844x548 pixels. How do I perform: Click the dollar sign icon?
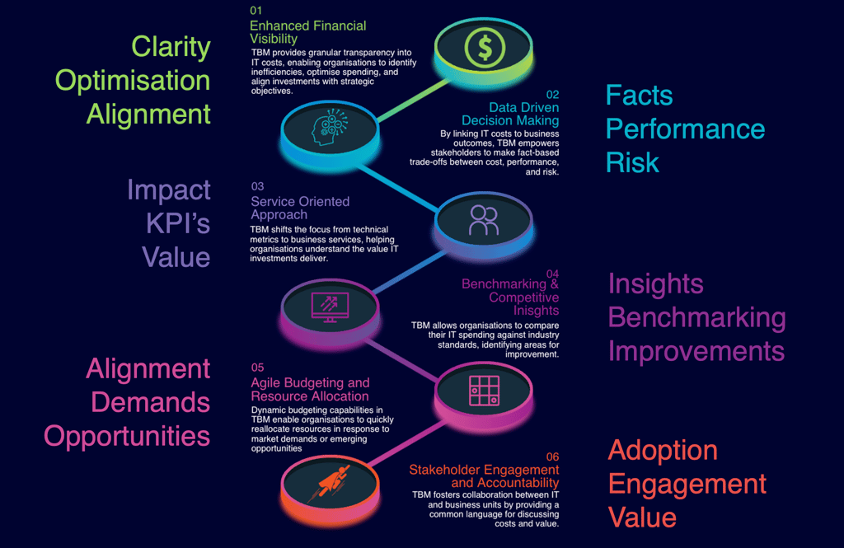tap(485, 47)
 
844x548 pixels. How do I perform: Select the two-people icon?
tap(484, 220)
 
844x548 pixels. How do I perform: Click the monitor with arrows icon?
tap(330, 307)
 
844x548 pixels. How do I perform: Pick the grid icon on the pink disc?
tap(485, 391)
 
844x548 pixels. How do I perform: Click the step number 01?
tap(256, 10)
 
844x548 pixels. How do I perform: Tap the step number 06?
tap(552, 457)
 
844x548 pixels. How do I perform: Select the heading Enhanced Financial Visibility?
tap(308, 32)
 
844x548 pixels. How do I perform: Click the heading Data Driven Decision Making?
tap(510, 114)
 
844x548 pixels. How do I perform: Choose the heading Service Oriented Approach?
tap(300, 208)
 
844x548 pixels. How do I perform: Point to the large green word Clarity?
tap(171, 47)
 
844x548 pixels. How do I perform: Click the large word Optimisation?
tap(133, 81)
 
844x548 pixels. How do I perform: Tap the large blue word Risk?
tap(632, 162)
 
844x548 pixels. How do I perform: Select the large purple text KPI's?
tap(178, 223)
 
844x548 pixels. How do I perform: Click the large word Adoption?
tap(663, 451)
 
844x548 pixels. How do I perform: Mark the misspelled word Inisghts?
tap(536, 311)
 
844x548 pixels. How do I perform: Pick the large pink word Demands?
tap(150, 402)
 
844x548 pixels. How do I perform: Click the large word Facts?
tap(639, 96)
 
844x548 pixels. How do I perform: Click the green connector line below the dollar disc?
tap(414, 101)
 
